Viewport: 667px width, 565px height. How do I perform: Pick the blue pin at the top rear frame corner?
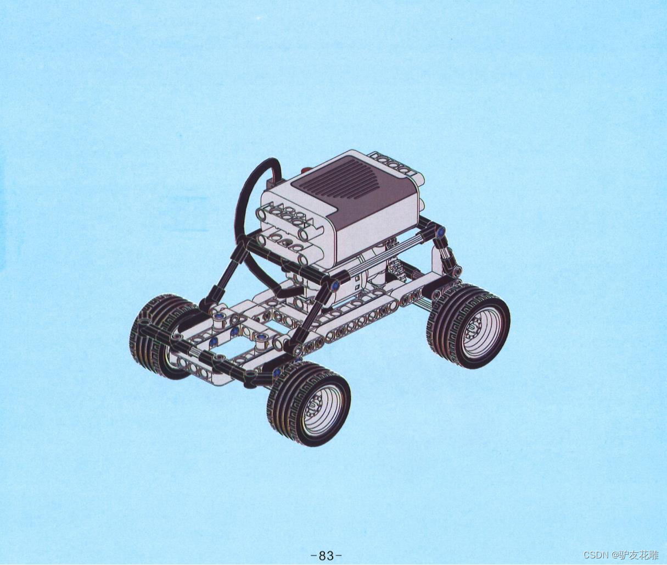pyautogui.click(x=440, y=231)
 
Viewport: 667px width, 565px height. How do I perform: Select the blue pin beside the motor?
pyautogui.click(x=335, y=285)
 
